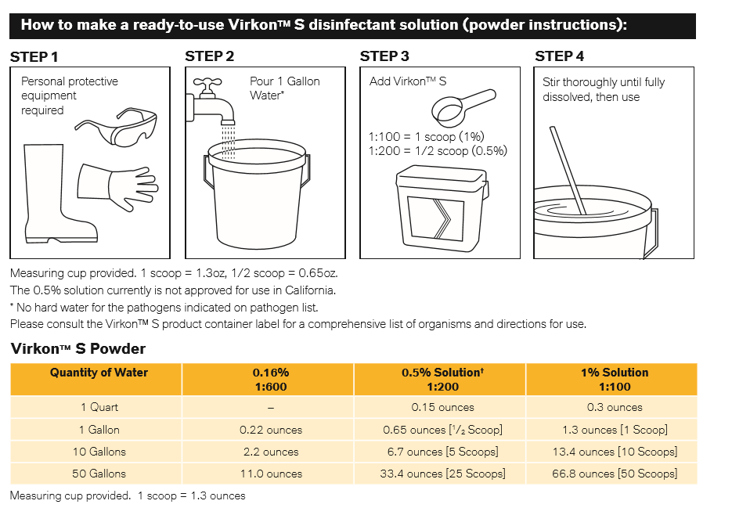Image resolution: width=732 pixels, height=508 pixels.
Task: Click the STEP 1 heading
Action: (x=34, y=56)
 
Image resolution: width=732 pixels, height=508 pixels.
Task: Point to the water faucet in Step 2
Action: (x=210, y=97)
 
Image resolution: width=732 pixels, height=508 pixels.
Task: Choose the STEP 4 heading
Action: (x=559, y=56)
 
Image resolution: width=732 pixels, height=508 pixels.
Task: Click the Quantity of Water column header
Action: (x=99, y=373)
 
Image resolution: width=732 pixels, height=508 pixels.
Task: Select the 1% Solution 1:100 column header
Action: (x=615, y=380)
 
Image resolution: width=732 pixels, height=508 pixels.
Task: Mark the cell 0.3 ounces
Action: (x=615, y=407)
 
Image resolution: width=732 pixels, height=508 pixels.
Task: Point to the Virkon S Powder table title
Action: (x=78, y=349)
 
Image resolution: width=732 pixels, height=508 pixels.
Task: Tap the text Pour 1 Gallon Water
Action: (x=284, y=88)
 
